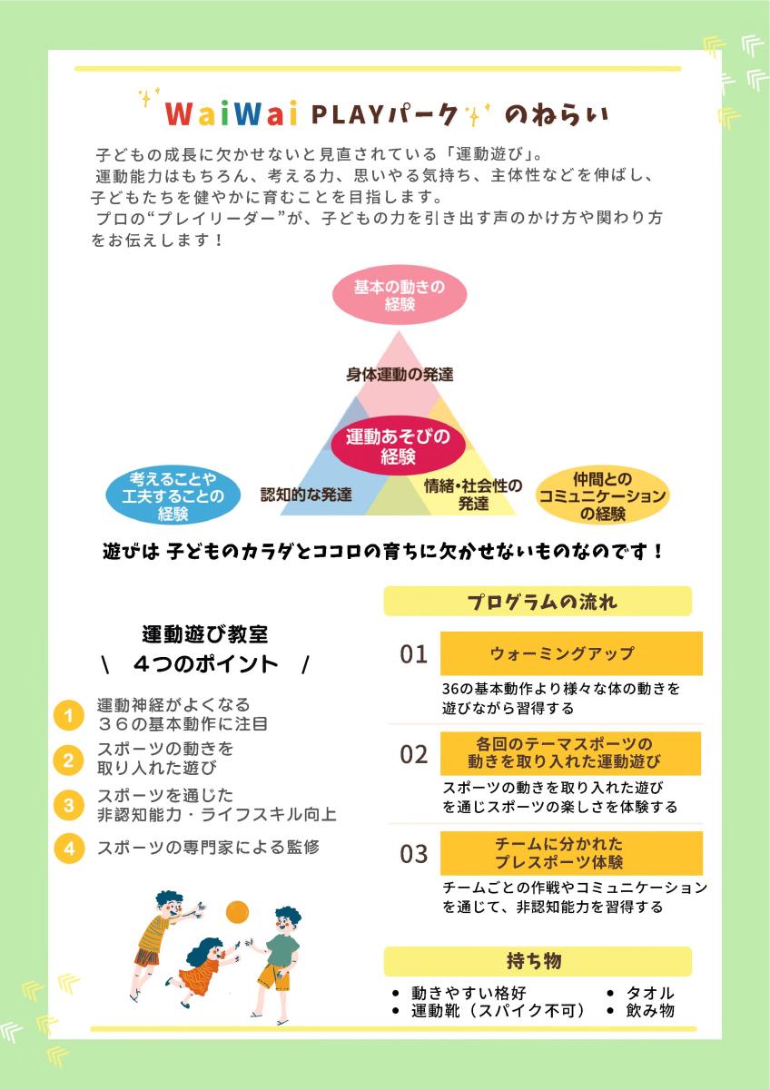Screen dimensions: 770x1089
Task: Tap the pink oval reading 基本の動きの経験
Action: coord(400,295)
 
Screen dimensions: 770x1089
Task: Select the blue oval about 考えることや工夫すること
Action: coord(173,496)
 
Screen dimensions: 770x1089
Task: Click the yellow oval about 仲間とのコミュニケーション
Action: coord(603,496)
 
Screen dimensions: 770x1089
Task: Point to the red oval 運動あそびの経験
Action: coord(399,446)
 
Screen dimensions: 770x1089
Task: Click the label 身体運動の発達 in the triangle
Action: coord(400,374)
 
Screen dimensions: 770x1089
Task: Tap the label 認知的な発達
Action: coord(306,495)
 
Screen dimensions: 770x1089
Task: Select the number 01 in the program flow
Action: coord(413,654)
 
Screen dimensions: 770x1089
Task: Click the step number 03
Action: coord(413,854)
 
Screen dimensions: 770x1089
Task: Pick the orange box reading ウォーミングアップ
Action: coord(571,653)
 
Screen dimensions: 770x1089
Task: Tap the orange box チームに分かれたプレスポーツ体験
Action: coord(571,853)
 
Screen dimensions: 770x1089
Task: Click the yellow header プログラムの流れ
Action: coord(538,602)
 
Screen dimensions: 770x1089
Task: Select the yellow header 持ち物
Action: coord(538,960)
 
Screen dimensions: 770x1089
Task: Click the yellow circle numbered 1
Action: coord(69,716)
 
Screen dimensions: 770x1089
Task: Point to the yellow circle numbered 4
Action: coord(69,849)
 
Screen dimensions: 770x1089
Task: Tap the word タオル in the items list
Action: coord(650,993)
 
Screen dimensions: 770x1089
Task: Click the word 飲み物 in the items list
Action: coord(650,1011)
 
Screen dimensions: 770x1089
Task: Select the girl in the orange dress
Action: coord(203,972)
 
